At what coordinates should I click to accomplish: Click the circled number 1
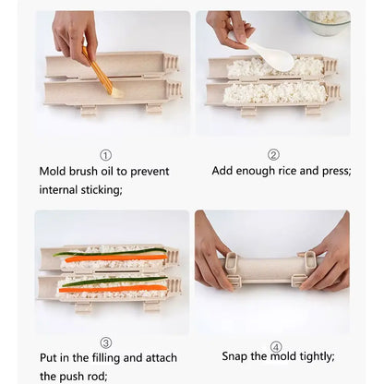coord(105,155)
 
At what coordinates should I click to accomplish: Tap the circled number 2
coord(273,155)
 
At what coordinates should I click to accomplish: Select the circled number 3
coord(106,342)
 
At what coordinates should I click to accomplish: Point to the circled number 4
coord(276,347)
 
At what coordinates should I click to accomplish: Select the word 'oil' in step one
coord(107,172)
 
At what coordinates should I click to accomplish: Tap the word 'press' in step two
coord(335,171)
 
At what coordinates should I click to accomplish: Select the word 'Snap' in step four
coord(234,356)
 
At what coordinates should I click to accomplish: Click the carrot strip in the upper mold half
coord(116,258)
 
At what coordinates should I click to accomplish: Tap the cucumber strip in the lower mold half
coord(114,281)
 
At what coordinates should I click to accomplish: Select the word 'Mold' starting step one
coord(53,172)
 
